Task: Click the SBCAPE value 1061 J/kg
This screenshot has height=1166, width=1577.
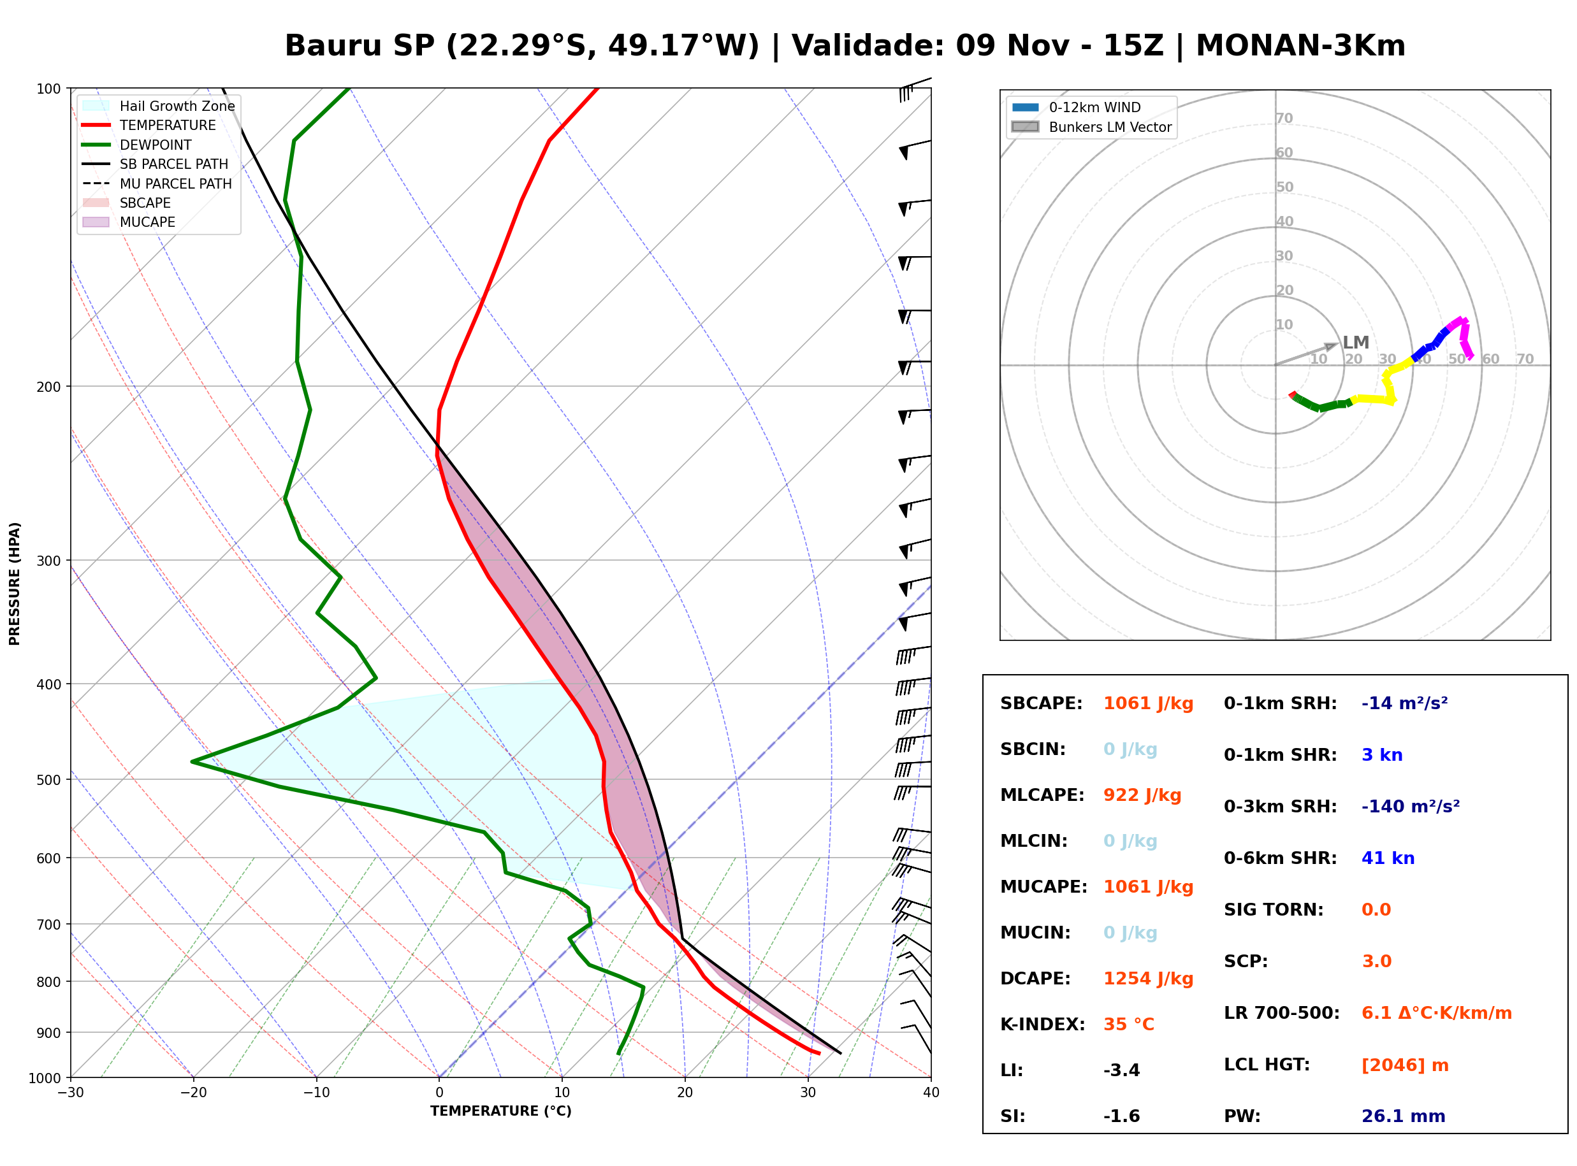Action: click(1149, 703)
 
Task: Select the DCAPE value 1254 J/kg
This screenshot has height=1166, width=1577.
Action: click(1149, 979)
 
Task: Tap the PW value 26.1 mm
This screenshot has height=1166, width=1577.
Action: click(1404, 1116)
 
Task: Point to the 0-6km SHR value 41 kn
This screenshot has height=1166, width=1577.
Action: click(1388, 858)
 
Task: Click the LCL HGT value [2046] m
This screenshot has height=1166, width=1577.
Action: click(1405, 1065)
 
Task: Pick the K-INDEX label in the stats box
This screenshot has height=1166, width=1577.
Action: click(1043, 1025)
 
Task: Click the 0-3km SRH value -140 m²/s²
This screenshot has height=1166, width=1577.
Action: click(1411, 806)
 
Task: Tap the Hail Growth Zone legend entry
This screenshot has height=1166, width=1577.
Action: click(159, 106)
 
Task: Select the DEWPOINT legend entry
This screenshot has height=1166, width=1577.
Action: click(137, 145)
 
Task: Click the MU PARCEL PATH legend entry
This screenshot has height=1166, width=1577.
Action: click(157, 184)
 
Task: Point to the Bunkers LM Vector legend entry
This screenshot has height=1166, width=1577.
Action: click(1091, 127)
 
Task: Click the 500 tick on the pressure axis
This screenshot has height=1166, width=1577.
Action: click(50, 780)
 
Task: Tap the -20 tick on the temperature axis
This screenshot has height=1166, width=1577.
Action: click(193, 1093)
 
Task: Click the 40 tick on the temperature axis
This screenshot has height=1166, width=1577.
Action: click(931, 1093)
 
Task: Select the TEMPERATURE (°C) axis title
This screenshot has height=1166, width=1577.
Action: click(501, 1112)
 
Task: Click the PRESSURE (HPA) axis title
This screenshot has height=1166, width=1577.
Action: click(15, 584)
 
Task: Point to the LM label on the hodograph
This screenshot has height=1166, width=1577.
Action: click(1355, 343)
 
